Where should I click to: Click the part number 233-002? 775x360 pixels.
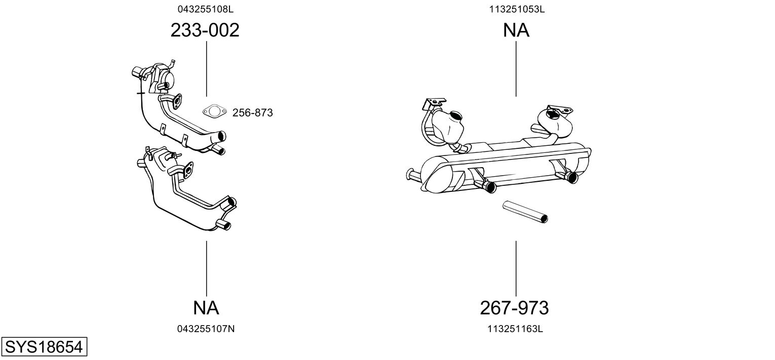point(205,30)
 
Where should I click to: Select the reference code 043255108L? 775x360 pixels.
point(206,9)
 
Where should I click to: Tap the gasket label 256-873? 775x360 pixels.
point(253,113)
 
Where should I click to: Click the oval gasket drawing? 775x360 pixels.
point(214,111)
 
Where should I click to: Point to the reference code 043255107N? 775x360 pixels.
point(206,329)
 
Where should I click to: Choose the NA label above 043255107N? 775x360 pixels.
point(206,308)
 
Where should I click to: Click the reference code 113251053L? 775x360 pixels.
point(517,9)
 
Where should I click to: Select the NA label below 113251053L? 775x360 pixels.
point(516,30)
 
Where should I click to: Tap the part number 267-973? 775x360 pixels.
point(515,308)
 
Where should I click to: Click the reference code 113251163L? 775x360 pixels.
point(515,329)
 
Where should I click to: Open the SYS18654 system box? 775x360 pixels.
point(44,346)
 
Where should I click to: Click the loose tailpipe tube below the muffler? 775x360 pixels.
point(525,212)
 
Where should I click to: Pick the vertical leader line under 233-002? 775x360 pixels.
point(207,69)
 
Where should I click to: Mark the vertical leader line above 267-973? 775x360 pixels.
point(516,269)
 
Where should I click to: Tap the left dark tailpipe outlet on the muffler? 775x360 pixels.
point(490,187)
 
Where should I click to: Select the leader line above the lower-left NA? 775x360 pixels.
point(207,269)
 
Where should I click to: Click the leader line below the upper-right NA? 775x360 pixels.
point(516,69)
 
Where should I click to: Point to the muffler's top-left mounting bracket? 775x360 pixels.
point(434,103)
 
